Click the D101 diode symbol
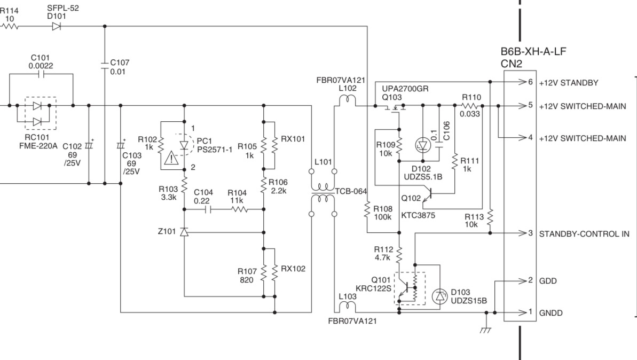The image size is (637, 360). coord(57,26)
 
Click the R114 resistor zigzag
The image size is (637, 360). coord(10,26)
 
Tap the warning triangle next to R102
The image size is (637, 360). coord(171,158)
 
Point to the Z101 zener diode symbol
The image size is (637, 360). coord(184,232)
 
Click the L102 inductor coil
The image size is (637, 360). coord(348,100)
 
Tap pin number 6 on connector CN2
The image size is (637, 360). coord(530,82)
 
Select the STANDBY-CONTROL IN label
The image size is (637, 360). coord(584,234)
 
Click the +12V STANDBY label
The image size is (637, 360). coord(568,83)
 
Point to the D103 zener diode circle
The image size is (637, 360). coord(439,296)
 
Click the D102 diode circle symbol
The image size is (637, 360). coord(423,145)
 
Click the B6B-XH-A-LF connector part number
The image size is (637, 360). coord(533,52)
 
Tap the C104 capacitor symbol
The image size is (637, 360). coord(208,210)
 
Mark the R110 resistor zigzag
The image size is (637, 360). coord(471,106)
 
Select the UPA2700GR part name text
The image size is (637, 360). coord(405,89)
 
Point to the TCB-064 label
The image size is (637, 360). coord(351,191)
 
